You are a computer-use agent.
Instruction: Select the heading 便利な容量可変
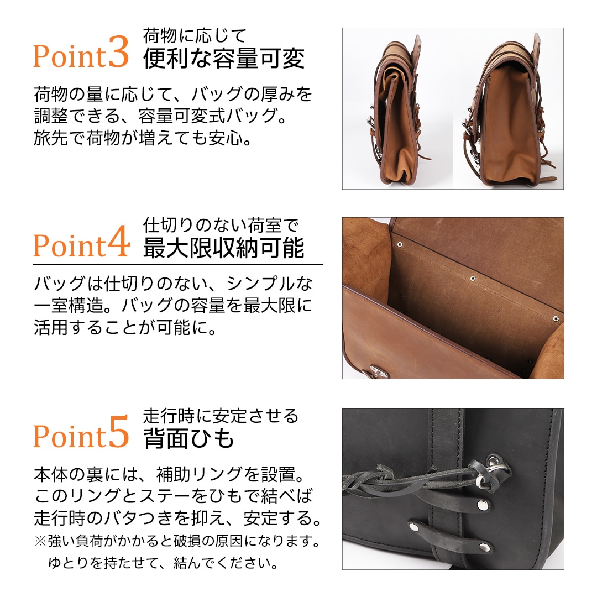click(224, 59)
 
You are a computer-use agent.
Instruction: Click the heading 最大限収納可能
click(224, 249)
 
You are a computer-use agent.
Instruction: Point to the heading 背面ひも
click(189, 438)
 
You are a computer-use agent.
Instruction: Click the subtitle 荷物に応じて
click(194, 36)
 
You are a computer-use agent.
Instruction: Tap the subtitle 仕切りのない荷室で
click(221, 226)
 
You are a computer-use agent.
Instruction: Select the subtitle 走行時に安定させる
click(221, 415)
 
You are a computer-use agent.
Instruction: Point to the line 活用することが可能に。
click(124, 328)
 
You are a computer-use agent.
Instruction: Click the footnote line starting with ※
click(177, 540)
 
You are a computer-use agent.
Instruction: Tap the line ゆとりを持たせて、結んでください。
click(163, 563)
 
